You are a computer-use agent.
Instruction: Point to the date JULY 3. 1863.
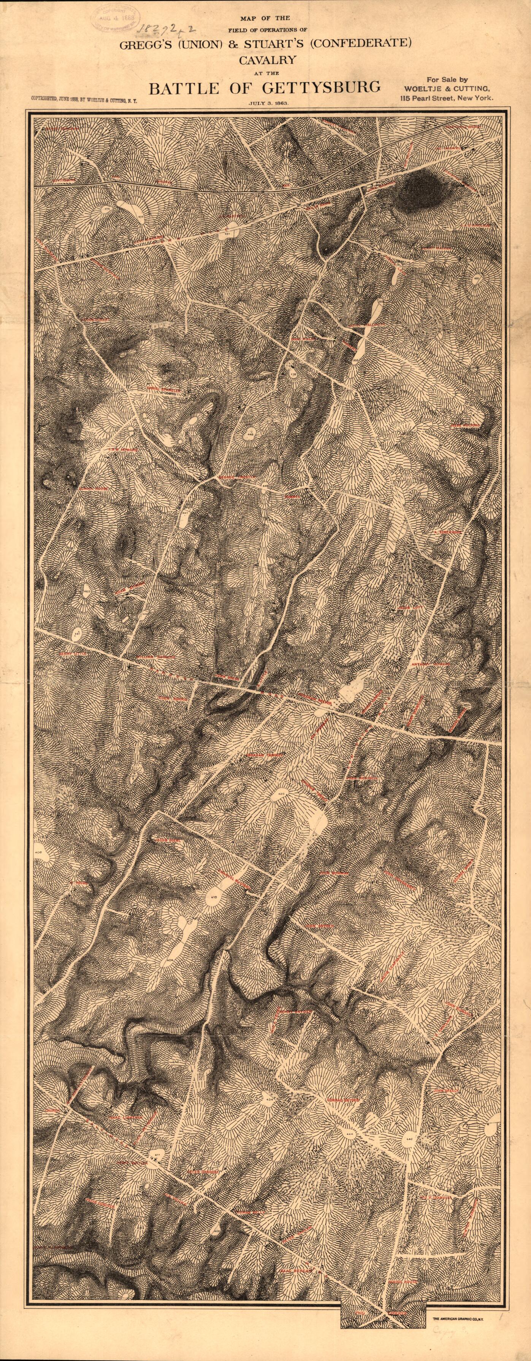tap(268, 103)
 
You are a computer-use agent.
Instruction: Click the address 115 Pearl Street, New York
tap(447, 98)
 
